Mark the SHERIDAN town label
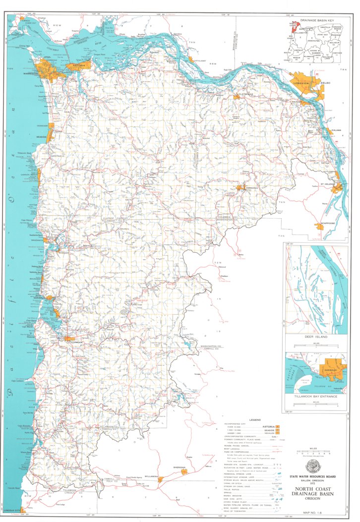180,467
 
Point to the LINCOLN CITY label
13,510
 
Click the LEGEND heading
246,419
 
